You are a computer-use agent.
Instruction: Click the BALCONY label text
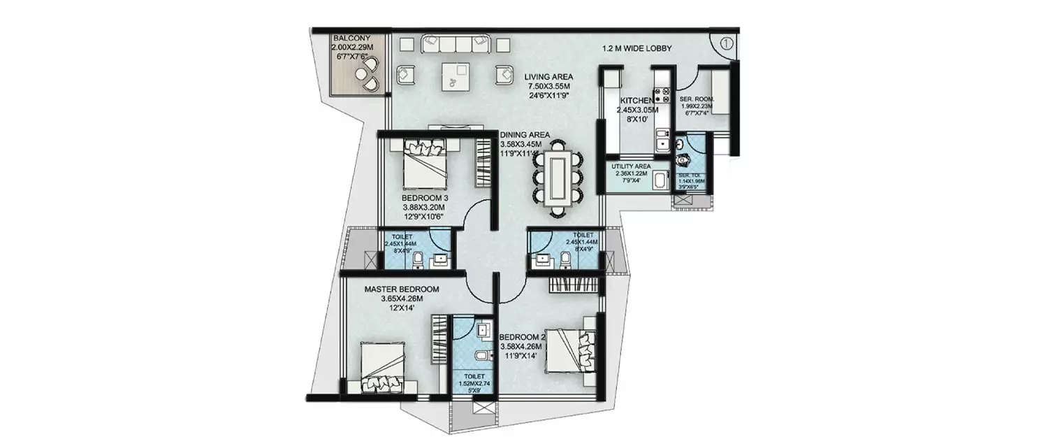pos(347,38)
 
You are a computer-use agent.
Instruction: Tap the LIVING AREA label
pos(549,76)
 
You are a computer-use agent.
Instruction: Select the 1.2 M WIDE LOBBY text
pos(637,48)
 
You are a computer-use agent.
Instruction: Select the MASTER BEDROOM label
pos(401,289)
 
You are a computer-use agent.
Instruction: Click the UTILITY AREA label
pos(631,166)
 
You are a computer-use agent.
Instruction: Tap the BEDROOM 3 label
pos(425,198)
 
